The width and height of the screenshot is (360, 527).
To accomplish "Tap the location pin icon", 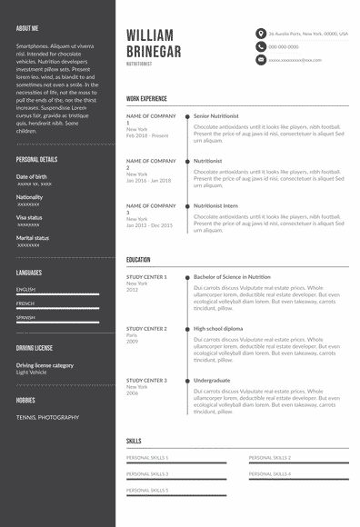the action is (x=261, y=33).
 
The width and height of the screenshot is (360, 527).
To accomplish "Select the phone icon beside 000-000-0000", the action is (x=261, y=46).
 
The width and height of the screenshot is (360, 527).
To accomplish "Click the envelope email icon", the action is (x=261, y=60).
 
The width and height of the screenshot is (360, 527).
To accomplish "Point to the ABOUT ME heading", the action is (x=27, y=29).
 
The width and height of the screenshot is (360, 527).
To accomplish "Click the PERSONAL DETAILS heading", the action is (x=36, y=159).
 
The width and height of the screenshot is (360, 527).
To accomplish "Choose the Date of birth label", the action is (x=31, y=176).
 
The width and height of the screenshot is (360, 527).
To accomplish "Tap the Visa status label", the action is (x=28, y=217).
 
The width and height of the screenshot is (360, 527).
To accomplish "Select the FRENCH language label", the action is (x=25, y=303).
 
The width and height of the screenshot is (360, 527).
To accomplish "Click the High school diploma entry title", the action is (x=218, y=328).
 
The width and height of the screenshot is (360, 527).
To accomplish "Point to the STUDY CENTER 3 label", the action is (x=146, y=380).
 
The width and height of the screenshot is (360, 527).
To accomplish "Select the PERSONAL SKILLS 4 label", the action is (x=270, y=473).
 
